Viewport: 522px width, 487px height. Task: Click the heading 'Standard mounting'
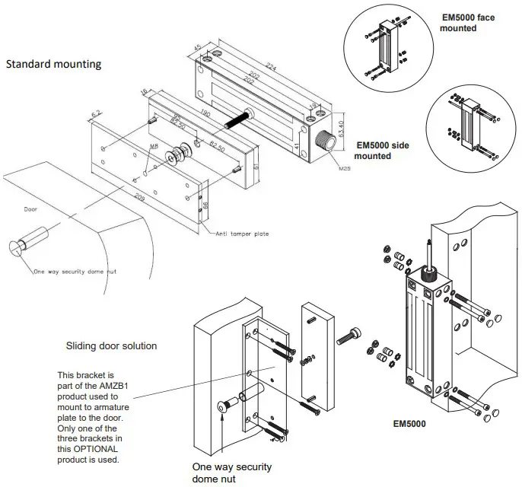click(53, 65)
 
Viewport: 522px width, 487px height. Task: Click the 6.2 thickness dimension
click(96, 115)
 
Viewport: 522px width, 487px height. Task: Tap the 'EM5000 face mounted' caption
click(469, 22)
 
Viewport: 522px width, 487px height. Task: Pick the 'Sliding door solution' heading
click(111, 345)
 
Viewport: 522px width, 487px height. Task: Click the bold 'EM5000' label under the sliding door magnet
click(409, 424)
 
